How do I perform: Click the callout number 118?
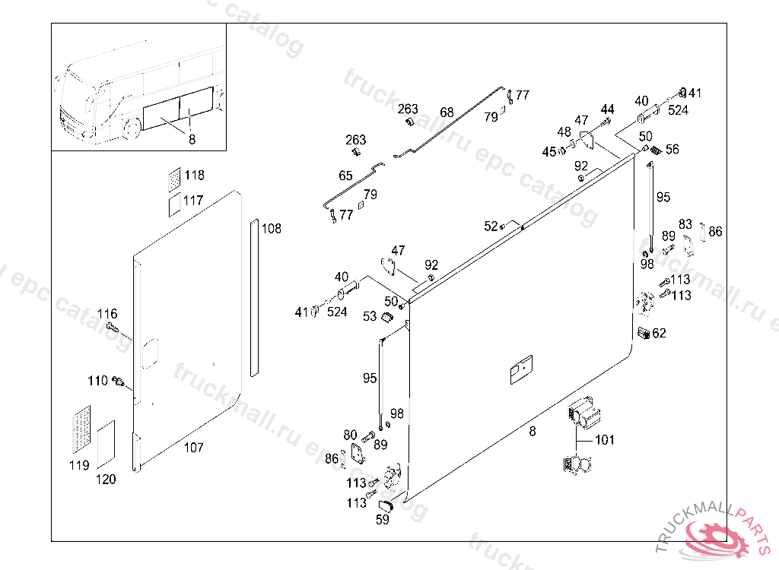tap(194, 176)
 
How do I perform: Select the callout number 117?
tap(193, 201)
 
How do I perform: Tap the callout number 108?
tap(271, 228)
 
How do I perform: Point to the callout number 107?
tap(193, 448)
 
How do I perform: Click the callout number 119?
tap(79, 465)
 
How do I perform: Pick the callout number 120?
tap(106, 479)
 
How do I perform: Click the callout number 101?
tap(605, 439)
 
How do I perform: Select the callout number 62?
tap(659, 333)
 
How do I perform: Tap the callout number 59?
tap(383, 521)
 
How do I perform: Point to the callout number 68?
tap(447, 112)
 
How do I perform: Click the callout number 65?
tap(345, 176)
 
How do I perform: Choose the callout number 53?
tap(370, 316)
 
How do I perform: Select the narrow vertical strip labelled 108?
tap(253, 296)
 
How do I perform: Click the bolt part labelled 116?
tap(113, 328)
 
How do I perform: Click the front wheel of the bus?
tap(132, 127)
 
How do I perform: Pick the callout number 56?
tap(672, 150)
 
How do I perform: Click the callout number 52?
tap(491, 226)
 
